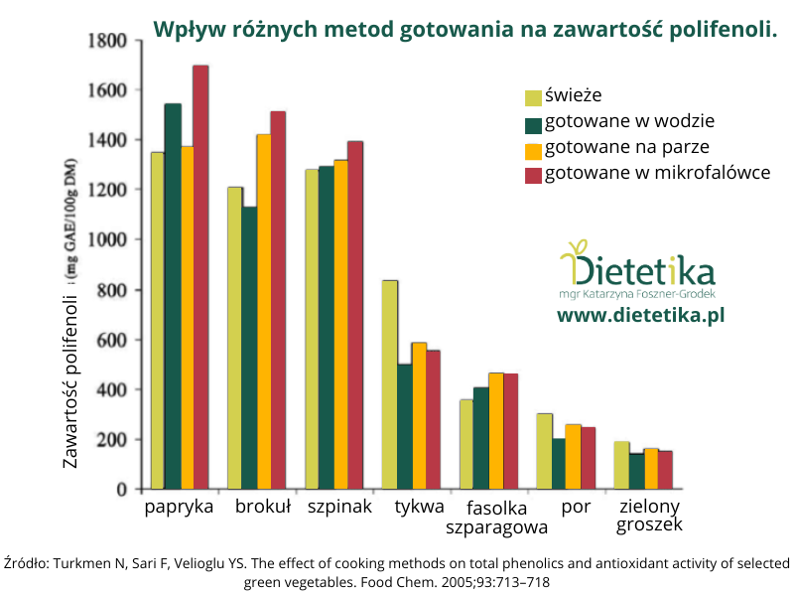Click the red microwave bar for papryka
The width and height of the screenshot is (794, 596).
[200, 277]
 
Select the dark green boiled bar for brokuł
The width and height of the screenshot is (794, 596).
[250, 348]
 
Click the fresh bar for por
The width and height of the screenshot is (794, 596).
[544, 451]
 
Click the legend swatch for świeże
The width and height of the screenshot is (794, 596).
[533, 97]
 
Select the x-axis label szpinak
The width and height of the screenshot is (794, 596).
[338, 507]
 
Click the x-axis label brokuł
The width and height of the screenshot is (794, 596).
[263, 507]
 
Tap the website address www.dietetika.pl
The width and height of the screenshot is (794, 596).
[641, 315]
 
